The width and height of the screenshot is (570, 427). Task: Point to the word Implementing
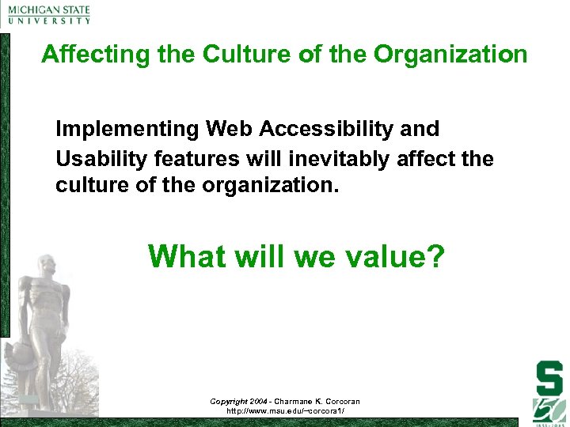(128, 129)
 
